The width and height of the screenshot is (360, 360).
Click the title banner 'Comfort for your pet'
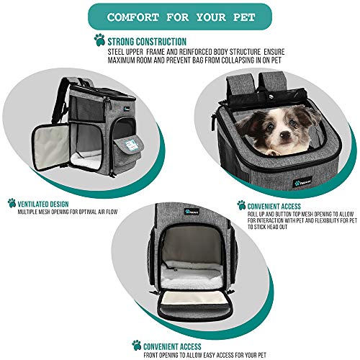(x=179, y=14)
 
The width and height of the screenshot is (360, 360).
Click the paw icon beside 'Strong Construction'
(x=99, y=40)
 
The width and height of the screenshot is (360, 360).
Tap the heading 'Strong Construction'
(x=147, y=42)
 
